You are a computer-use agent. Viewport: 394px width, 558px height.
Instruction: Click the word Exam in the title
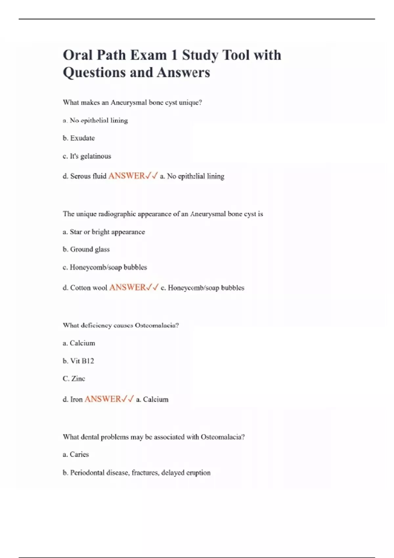[148, 55]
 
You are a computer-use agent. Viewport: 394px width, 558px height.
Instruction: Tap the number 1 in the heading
[174, 55]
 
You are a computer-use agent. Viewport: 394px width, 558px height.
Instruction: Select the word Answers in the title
[183, 73]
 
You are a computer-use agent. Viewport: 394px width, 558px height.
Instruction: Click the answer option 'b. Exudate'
[79, 138]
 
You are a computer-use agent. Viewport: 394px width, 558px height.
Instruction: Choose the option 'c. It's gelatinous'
[87, 156]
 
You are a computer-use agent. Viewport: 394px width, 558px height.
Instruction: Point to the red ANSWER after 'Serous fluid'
[126, 176]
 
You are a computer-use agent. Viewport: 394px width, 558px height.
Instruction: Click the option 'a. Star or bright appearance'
[104, 232]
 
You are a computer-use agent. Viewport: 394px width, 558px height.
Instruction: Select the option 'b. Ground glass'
[86, 249]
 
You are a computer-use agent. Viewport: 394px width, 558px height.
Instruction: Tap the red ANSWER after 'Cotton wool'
[127, 288]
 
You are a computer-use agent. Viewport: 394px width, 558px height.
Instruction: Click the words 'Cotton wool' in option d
[89, 288]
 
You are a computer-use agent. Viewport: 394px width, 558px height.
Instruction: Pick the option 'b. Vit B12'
[78, 361]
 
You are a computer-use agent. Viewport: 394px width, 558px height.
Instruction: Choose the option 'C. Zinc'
[74, 379]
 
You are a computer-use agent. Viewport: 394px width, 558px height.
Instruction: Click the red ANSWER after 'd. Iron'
[103, 399]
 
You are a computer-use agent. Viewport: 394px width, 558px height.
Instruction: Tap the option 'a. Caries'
[76, 455]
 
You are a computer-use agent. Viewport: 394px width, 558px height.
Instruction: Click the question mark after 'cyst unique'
[200, 102]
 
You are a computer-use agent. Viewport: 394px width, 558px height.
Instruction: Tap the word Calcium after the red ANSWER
[156, 399]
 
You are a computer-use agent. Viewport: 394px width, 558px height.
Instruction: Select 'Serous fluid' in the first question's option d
[88, 176]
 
